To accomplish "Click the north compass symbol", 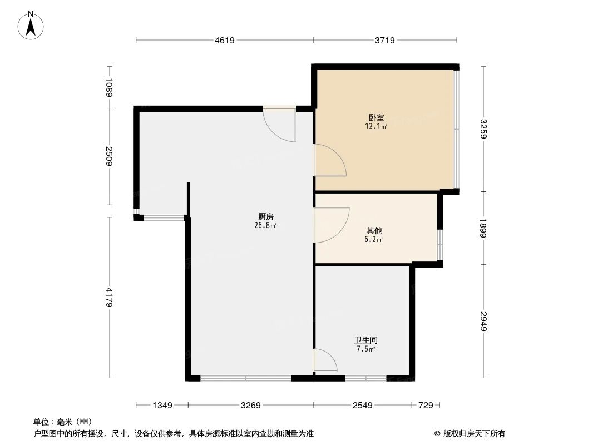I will tap(32, 25).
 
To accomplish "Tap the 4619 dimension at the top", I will tap(225, 40).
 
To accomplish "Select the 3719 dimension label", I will tap(384, 40).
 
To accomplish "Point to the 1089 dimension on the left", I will tap(110, 87).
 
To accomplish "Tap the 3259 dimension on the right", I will tap(483, 129).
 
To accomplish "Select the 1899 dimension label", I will tap(483, 228).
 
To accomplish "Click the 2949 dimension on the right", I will tap(483, 321).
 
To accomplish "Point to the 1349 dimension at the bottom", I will tap(162, 406).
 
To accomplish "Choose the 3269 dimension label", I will tap(251, 406).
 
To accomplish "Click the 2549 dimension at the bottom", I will tap(362, 406).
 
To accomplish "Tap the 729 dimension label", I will tap(426, 406).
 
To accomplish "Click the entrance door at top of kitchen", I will tap(279, 123).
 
